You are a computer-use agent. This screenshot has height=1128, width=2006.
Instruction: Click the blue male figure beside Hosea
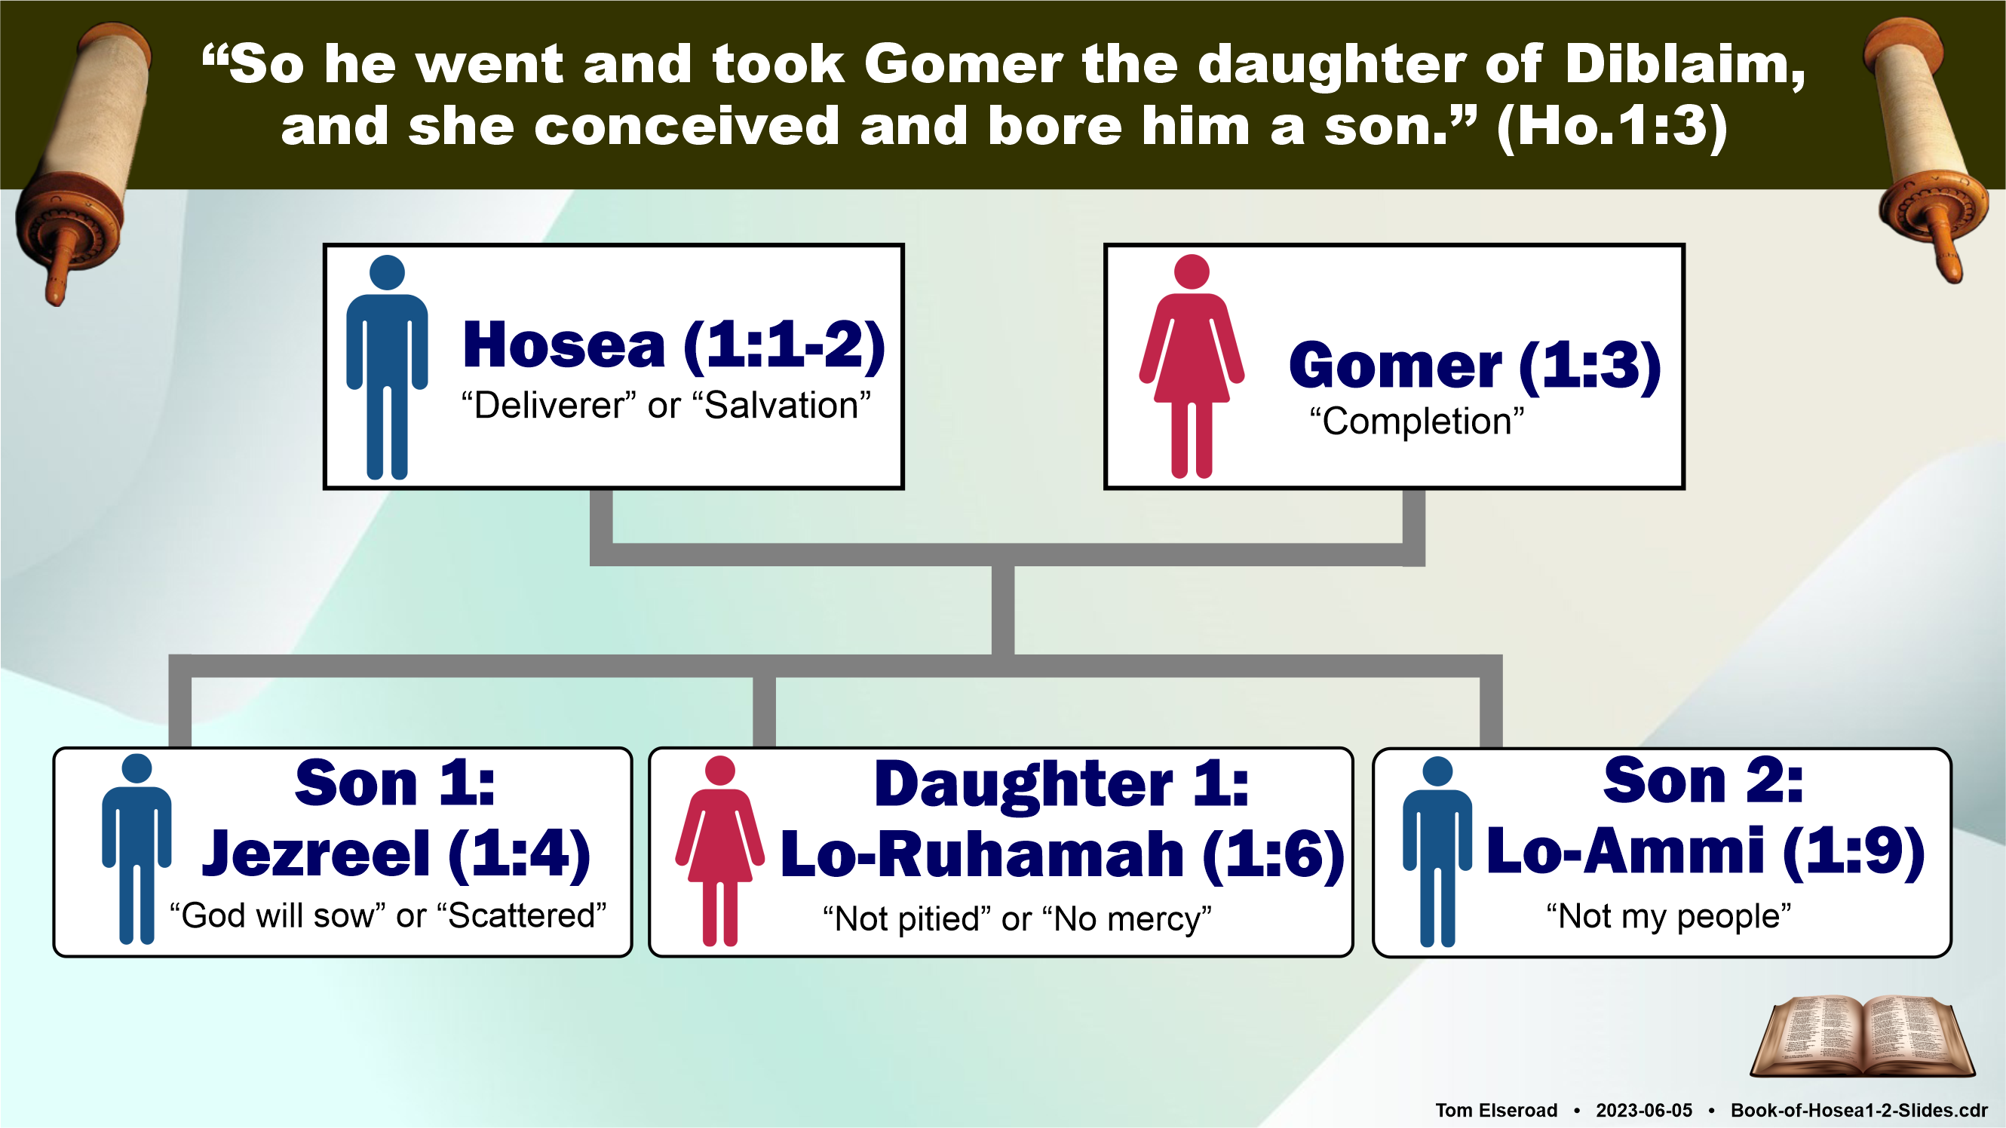click(x=387, y=367)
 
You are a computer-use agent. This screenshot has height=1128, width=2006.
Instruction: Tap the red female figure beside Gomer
click(x=1192, y=366)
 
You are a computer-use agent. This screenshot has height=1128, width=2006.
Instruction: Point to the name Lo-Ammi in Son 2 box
click(x=1625, y=851)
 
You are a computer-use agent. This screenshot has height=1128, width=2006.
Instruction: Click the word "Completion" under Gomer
click(x=1416, y=421)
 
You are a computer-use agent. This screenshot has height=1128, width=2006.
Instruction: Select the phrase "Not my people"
click(x=1669, y=916)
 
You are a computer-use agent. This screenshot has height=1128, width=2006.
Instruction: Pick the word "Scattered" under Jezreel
click(x=522, y=915)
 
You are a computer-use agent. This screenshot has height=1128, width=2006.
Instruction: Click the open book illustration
click(x=1862, y=1036)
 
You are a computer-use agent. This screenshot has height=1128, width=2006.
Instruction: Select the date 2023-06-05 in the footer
click(x=1644, y=1110)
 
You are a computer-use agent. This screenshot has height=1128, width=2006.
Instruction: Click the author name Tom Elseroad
click(x=1496, y=1110)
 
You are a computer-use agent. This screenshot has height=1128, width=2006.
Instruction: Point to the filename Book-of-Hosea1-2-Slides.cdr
click(x=1859, y=1110)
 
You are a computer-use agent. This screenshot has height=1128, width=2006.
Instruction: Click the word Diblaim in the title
click(x=1685, y=64)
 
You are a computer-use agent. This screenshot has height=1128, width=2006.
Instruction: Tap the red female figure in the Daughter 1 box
click(x=719, y=851)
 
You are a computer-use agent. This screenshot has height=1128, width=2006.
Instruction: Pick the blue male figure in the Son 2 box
click(x=1437, y=851)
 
